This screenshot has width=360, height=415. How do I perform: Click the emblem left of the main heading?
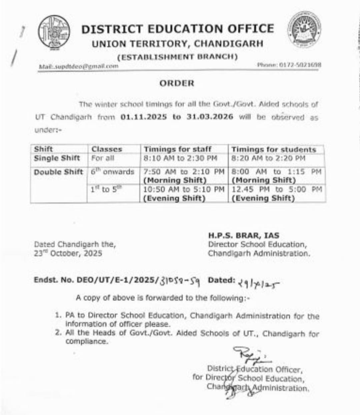coord(54,31)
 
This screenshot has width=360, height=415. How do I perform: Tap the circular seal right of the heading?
coord(305,30)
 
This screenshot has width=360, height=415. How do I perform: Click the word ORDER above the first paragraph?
coord(177,83)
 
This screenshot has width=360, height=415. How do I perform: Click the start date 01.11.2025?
coord(144,117)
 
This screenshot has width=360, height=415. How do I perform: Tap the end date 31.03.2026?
coord(210,117)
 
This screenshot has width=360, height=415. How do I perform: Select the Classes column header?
coord(107,149)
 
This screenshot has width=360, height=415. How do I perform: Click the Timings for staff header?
coord(177,149)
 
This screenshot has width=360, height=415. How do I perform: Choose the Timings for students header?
coord(273,149)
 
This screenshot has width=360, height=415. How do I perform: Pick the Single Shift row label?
coord(57,158)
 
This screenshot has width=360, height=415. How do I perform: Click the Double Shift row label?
coord(58,172)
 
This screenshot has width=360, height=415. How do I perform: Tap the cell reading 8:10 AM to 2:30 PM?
coord(180,158)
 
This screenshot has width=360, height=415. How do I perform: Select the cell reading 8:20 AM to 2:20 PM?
coord(268,158)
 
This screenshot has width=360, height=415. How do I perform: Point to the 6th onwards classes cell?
coord(112,172)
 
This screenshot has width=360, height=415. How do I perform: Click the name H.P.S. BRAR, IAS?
coord(244,235)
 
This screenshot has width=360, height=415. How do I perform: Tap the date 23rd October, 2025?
coord(68,253)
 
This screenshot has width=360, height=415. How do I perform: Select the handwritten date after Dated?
coord(259,283)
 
